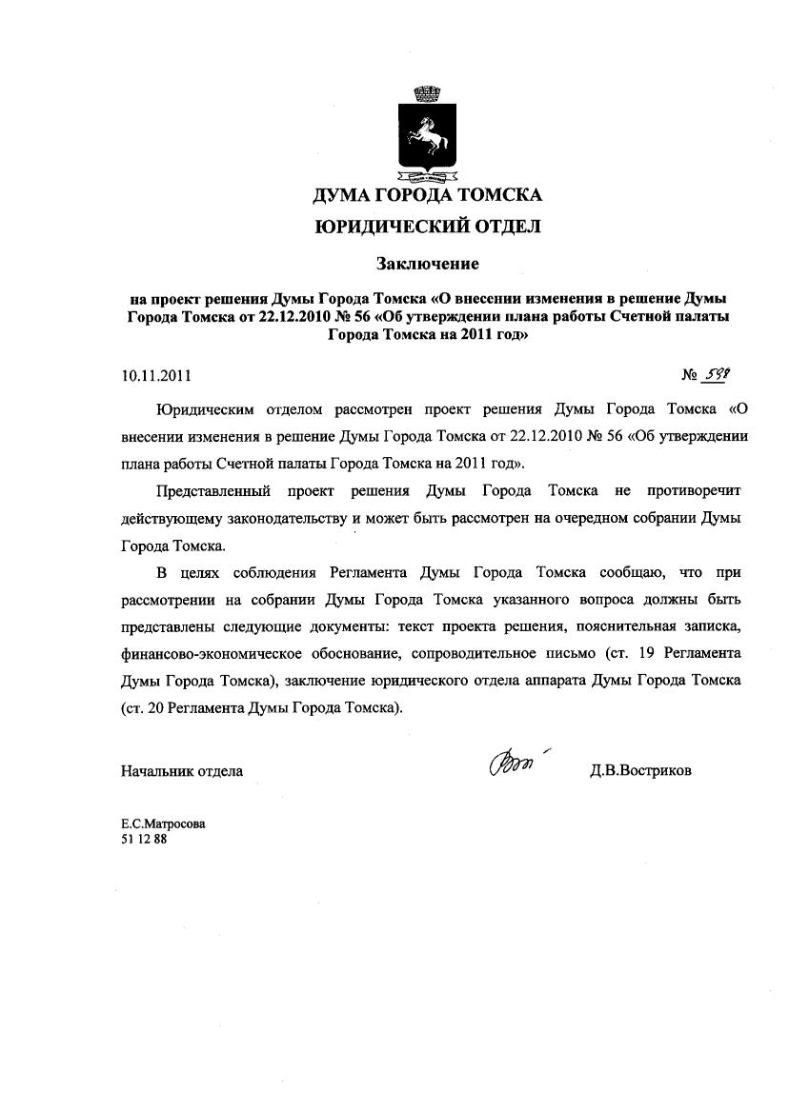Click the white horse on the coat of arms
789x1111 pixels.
[x=428, y=137]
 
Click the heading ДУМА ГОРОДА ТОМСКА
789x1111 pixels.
[x=428, y=195]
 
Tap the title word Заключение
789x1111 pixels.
[x=427, y=261]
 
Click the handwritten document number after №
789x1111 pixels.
[x=715, y=375]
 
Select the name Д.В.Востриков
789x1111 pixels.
[x=640, y=770]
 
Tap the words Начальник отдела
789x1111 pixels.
[x=181, y=770]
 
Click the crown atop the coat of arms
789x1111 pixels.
[x=427, y=94]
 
